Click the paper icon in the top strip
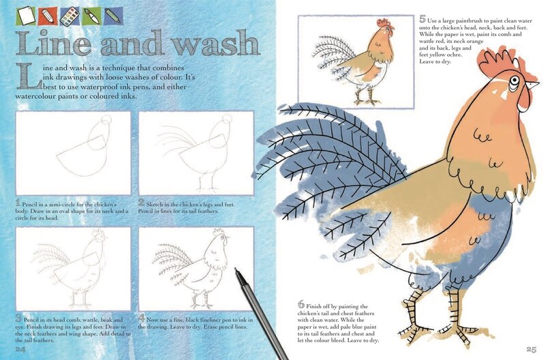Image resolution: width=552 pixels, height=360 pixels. (27, 16)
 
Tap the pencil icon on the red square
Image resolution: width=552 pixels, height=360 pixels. (48, 16)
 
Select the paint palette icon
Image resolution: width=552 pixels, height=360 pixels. (70, 16)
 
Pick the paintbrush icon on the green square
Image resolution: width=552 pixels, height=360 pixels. (91, 16)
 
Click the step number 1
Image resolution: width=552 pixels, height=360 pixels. (18, 203)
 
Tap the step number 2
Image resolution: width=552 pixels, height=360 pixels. (142, 202)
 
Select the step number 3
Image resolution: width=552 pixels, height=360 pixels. (18, 318)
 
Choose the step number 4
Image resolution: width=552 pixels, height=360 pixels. (142, 318)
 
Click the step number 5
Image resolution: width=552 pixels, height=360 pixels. (423, 19)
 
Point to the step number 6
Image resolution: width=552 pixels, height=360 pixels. (301, 304)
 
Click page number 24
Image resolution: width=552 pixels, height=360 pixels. (20, 348)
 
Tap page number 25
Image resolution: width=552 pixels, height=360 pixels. (532, 349)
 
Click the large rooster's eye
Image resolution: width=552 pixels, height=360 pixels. (514, 80)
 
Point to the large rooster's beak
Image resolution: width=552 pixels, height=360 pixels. (532, 85)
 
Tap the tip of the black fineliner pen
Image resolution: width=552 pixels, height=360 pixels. (236, 269)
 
